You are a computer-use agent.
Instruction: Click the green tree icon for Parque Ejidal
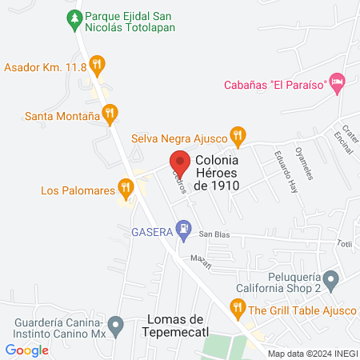(x=75, y=17)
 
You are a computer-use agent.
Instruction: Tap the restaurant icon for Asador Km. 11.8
(x=97, y=63)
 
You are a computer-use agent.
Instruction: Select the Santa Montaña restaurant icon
(x=110, y=113)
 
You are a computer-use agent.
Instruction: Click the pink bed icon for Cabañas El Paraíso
(x=338, y=81)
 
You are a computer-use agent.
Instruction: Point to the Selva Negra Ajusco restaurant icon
(x=236, y=134)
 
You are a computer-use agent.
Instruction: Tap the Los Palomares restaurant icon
(x=125, y=188)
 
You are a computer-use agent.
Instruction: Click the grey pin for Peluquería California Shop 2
(x=333, y=279)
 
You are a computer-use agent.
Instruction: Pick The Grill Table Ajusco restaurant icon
(x=237, y=306)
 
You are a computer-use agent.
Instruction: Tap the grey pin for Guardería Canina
(x=116, y=326)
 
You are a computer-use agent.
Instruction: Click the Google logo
(x=27, y=350)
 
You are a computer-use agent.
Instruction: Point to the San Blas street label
(x=214, y=234)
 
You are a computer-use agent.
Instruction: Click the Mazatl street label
(x=199, y=258)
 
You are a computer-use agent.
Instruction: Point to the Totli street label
(x=344, y=243)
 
